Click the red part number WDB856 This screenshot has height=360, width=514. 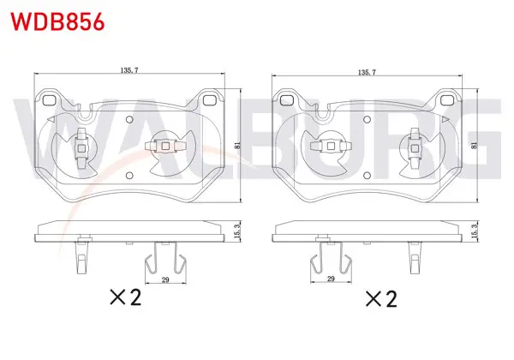(x=57, y=21)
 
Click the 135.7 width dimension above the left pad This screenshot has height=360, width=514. (x=129, y=69)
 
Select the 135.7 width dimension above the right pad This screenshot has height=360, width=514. (x=367, y=72)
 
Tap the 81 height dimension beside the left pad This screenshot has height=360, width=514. (x=238, y=145)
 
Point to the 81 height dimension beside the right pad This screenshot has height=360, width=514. (x=474, y=145)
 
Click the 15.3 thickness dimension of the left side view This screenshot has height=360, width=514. (x=238, y=231)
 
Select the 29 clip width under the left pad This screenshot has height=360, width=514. (x=165, y=279)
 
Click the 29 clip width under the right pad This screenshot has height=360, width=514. (x=331, y=279)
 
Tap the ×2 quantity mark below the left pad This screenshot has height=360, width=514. (x=126, y=297)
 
